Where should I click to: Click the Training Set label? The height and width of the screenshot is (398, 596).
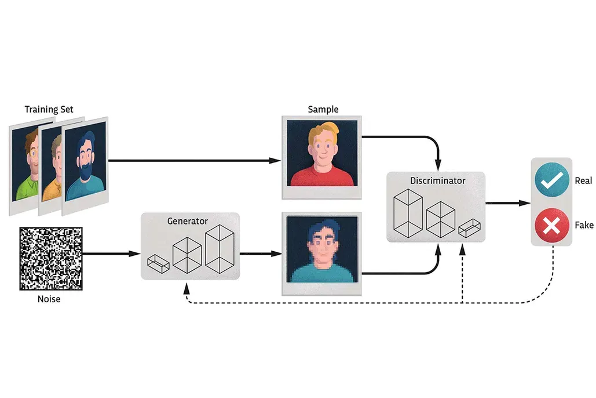pos(49,109)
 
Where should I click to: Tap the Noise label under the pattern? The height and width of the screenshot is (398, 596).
pos(49,299)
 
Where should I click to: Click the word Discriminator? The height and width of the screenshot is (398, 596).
pos(437,180)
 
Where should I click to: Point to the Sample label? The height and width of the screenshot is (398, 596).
pos(323,109)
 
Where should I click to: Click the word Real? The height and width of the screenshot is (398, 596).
pos(583,181)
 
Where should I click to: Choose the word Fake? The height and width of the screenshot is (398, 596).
pos(583,225)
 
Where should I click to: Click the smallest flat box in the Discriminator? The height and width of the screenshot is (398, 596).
pos(471,229)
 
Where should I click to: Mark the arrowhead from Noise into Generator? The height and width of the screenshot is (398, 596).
pos(136,254)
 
